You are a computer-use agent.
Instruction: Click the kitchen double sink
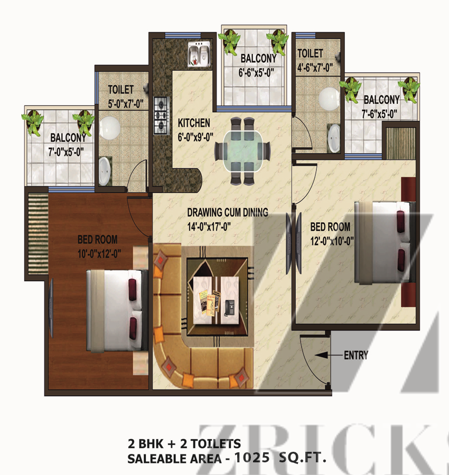point(199,54)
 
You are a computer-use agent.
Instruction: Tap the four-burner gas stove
point(162,116)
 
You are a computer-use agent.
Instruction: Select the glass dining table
point(242,151)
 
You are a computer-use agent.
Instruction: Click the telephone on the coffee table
point(229,308)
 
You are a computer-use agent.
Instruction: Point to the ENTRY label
point(356,355)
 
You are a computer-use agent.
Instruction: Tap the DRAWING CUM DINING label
point(228,212)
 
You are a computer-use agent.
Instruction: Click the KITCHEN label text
point(194,123)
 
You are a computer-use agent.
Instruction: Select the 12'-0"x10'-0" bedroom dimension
point(332,241)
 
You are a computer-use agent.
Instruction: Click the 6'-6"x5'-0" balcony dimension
point(256,73)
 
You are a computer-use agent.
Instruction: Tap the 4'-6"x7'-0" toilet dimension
point(315,68)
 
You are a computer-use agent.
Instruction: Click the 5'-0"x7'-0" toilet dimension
point(126,104)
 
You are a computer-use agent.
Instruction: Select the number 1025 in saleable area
point(252,458)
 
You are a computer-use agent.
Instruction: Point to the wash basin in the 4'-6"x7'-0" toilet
point(334,138)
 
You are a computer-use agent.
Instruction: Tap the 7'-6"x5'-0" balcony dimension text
point(379,114)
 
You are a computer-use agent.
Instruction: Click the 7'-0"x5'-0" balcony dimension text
point(66,152)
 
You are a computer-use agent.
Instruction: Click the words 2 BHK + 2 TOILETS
point(184,444)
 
